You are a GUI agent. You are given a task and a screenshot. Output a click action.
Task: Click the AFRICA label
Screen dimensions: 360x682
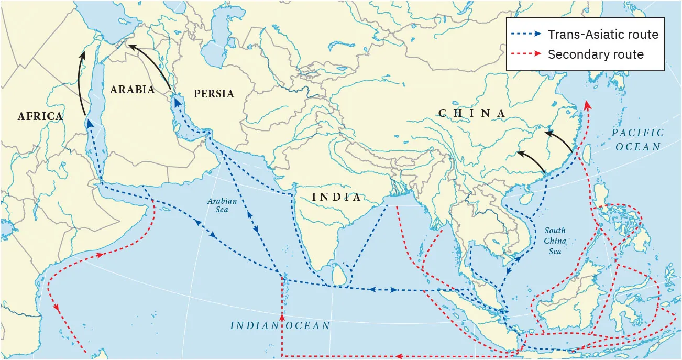(40, 116)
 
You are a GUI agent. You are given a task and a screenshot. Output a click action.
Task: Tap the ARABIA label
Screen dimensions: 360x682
(132, 90)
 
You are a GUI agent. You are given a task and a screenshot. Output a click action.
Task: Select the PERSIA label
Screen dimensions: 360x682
(214, 94)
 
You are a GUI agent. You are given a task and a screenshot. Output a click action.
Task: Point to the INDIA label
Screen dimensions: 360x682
(336, 197)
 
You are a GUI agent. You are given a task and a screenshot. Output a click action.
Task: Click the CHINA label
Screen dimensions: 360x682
(472, 113)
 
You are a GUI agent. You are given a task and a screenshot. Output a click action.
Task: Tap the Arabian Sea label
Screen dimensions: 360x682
(222, 205)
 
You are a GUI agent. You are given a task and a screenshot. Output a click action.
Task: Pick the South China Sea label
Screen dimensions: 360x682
(555, 241)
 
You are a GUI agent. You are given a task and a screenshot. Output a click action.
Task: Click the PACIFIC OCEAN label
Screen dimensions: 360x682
(637, 140)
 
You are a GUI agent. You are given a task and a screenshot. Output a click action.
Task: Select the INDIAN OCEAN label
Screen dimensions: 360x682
(280, 325)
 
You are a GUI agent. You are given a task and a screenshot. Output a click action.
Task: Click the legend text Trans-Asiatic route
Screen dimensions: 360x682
(603, 35)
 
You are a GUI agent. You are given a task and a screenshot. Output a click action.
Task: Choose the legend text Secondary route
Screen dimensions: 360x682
(596, 54)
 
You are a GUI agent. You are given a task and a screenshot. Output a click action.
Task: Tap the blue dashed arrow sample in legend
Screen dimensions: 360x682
(526, 35)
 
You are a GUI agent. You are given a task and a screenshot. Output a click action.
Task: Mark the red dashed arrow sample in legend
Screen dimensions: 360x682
(526, 54)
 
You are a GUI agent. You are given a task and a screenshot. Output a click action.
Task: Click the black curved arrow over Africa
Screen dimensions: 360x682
(80, 84)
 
